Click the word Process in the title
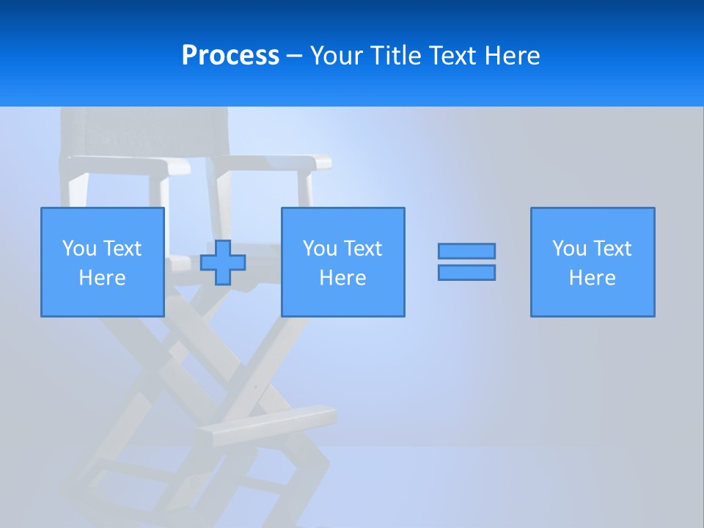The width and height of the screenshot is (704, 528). pos(230,56)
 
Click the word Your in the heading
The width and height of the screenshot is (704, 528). pos(338,56)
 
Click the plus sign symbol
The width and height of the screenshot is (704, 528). pos(223,263)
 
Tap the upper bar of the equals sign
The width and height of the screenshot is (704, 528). pos(466,252)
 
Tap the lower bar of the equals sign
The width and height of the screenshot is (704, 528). pos(466,273)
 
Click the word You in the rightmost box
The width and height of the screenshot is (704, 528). pos(569,249)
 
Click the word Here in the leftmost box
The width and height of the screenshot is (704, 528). pos(102,278)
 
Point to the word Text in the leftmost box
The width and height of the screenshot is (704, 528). pos(122,249)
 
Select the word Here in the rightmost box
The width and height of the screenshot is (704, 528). pos(593,278)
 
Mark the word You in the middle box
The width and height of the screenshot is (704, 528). pos(320,249)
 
